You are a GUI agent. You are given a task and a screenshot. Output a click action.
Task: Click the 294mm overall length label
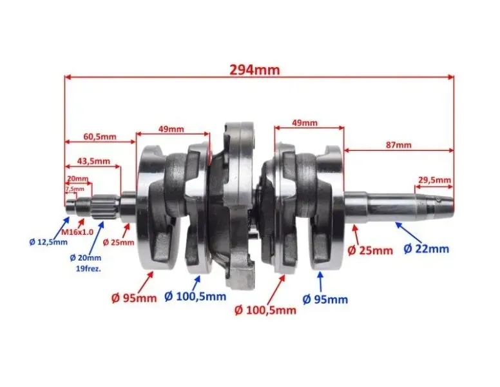tap(255, 70)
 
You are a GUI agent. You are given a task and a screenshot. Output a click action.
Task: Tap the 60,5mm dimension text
tap(100, 137)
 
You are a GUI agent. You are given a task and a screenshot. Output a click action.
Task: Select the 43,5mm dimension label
tap(93, 161)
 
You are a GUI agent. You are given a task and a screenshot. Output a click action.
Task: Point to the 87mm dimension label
tap(399, 145)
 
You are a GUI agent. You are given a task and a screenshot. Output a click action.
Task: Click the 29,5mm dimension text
tap(435, 180)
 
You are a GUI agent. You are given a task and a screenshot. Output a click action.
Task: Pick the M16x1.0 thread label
tap(77, 232)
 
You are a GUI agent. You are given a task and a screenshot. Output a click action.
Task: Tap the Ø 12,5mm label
tap(48, 242)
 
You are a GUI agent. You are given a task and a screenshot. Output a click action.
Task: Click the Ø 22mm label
tap(427, 249)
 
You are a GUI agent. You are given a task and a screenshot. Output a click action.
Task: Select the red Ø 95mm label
tap(134, 298)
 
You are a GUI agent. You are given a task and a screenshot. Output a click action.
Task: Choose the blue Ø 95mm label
tap(325, 299)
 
